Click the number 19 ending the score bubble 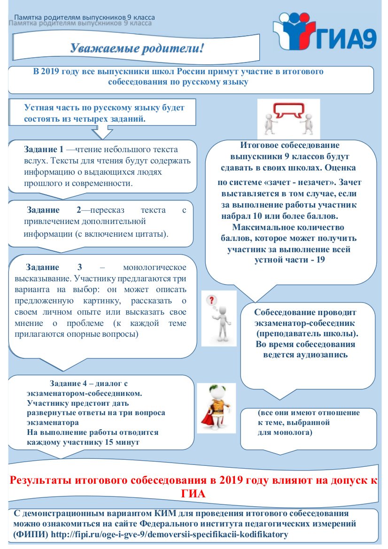pyautogui.click(x=321, y=259)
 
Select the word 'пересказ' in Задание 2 pyautogui.click(x=114, y=210)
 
